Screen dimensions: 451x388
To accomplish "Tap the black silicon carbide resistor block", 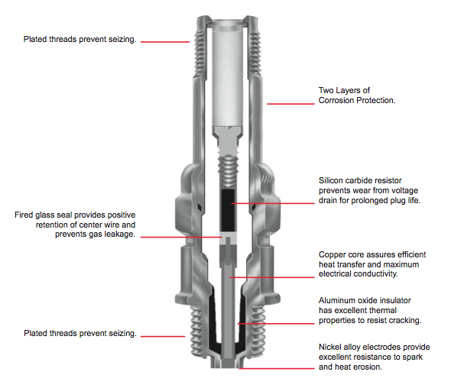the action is coord(228,210).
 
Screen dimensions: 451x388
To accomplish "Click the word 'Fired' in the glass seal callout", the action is coord(24,215).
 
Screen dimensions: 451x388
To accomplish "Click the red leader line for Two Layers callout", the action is coord(290,104).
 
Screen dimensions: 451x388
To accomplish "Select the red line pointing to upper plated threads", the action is coord(165,42).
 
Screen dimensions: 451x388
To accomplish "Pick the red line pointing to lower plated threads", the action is coord(163,336).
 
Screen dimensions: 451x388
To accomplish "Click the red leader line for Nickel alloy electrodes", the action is coord(277,368).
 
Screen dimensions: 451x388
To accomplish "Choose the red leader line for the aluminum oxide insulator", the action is coord(276,324).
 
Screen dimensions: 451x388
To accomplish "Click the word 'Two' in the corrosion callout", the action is coord(326,90).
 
